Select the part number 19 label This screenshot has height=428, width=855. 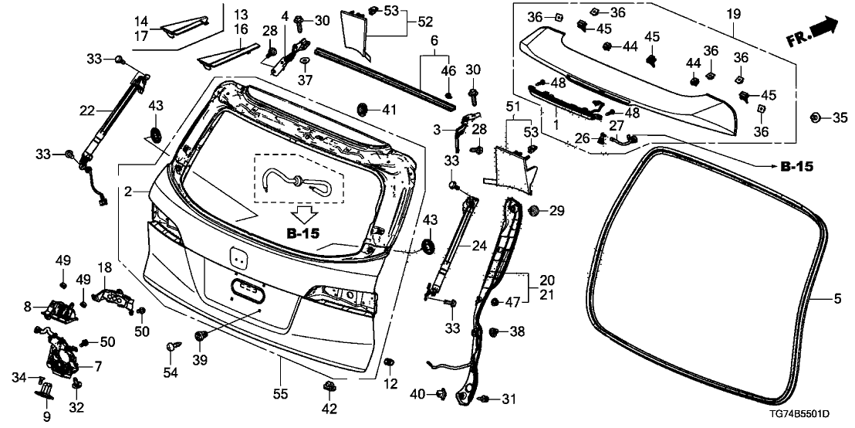[x=733, y=13]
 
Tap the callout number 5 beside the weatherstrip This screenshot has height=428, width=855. [x=838, y=298]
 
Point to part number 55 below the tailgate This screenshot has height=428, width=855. [x=280, y=394]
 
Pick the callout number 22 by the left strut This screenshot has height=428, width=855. [x=86, y=109]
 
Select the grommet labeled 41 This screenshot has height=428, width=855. [x=362, y=107]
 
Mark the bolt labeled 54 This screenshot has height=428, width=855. [x=170, y=349]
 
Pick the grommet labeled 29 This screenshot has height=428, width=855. [x=533, y=211]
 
